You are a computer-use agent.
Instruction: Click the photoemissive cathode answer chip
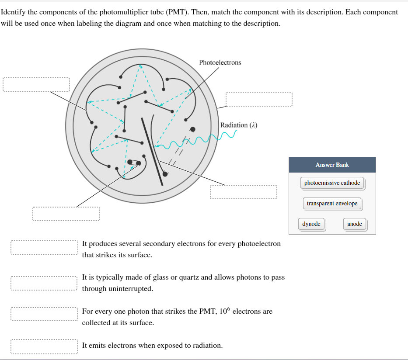332,183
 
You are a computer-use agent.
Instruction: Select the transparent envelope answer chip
332,204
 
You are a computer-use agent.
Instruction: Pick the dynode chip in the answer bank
311,224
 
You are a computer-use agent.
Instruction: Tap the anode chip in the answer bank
355,224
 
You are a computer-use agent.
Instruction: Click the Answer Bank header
332,165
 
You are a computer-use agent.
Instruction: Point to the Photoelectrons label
220,62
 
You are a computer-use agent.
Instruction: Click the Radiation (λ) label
239,125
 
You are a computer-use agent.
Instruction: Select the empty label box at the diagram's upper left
36,84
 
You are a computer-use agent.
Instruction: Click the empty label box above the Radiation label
259,99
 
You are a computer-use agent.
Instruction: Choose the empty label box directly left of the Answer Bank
243,192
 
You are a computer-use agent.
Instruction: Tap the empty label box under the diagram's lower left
66,214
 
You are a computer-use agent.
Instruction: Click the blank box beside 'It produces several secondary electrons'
45,248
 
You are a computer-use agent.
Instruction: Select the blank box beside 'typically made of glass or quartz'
45,283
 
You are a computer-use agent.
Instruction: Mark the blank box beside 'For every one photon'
45,315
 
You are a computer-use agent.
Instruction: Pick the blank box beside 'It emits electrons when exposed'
45,346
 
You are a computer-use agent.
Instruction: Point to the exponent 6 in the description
234,308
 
